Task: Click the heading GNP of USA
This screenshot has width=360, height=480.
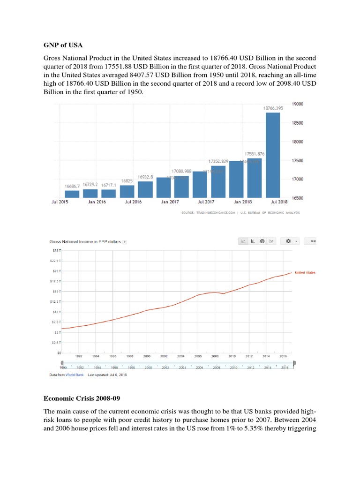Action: (63, 45)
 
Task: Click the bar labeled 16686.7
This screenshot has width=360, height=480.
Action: (72, 194)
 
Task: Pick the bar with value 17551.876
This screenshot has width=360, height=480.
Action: (255, 178)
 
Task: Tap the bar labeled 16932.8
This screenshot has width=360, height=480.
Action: (145, 189)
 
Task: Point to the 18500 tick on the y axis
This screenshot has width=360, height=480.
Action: (298, 123)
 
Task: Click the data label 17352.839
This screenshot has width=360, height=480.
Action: (218, 161)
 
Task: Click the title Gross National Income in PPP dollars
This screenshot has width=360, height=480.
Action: (85, 242)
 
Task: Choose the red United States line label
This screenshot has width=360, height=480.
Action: (305, 272)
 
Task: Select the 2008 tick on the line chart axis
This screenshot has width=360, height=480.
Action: (215, 356)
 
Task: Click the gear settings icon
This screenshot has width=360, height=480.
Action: (288, 241)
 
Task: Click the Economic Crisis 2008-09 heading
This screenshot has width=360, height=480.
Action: (82, 399)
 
